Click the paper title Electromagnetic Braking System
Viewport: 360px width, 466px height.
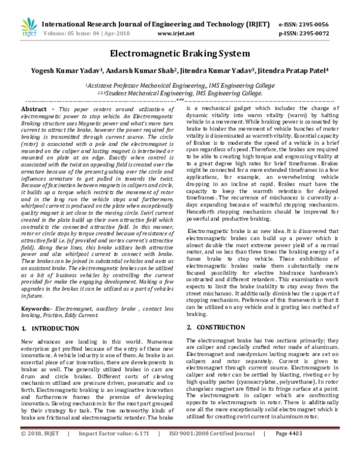click(179, 53)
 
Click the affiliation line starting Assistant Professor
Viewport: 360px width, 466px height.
click(179, 86)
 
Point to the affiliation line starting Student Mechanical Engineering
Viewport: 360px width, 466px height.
click(179, 94)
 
